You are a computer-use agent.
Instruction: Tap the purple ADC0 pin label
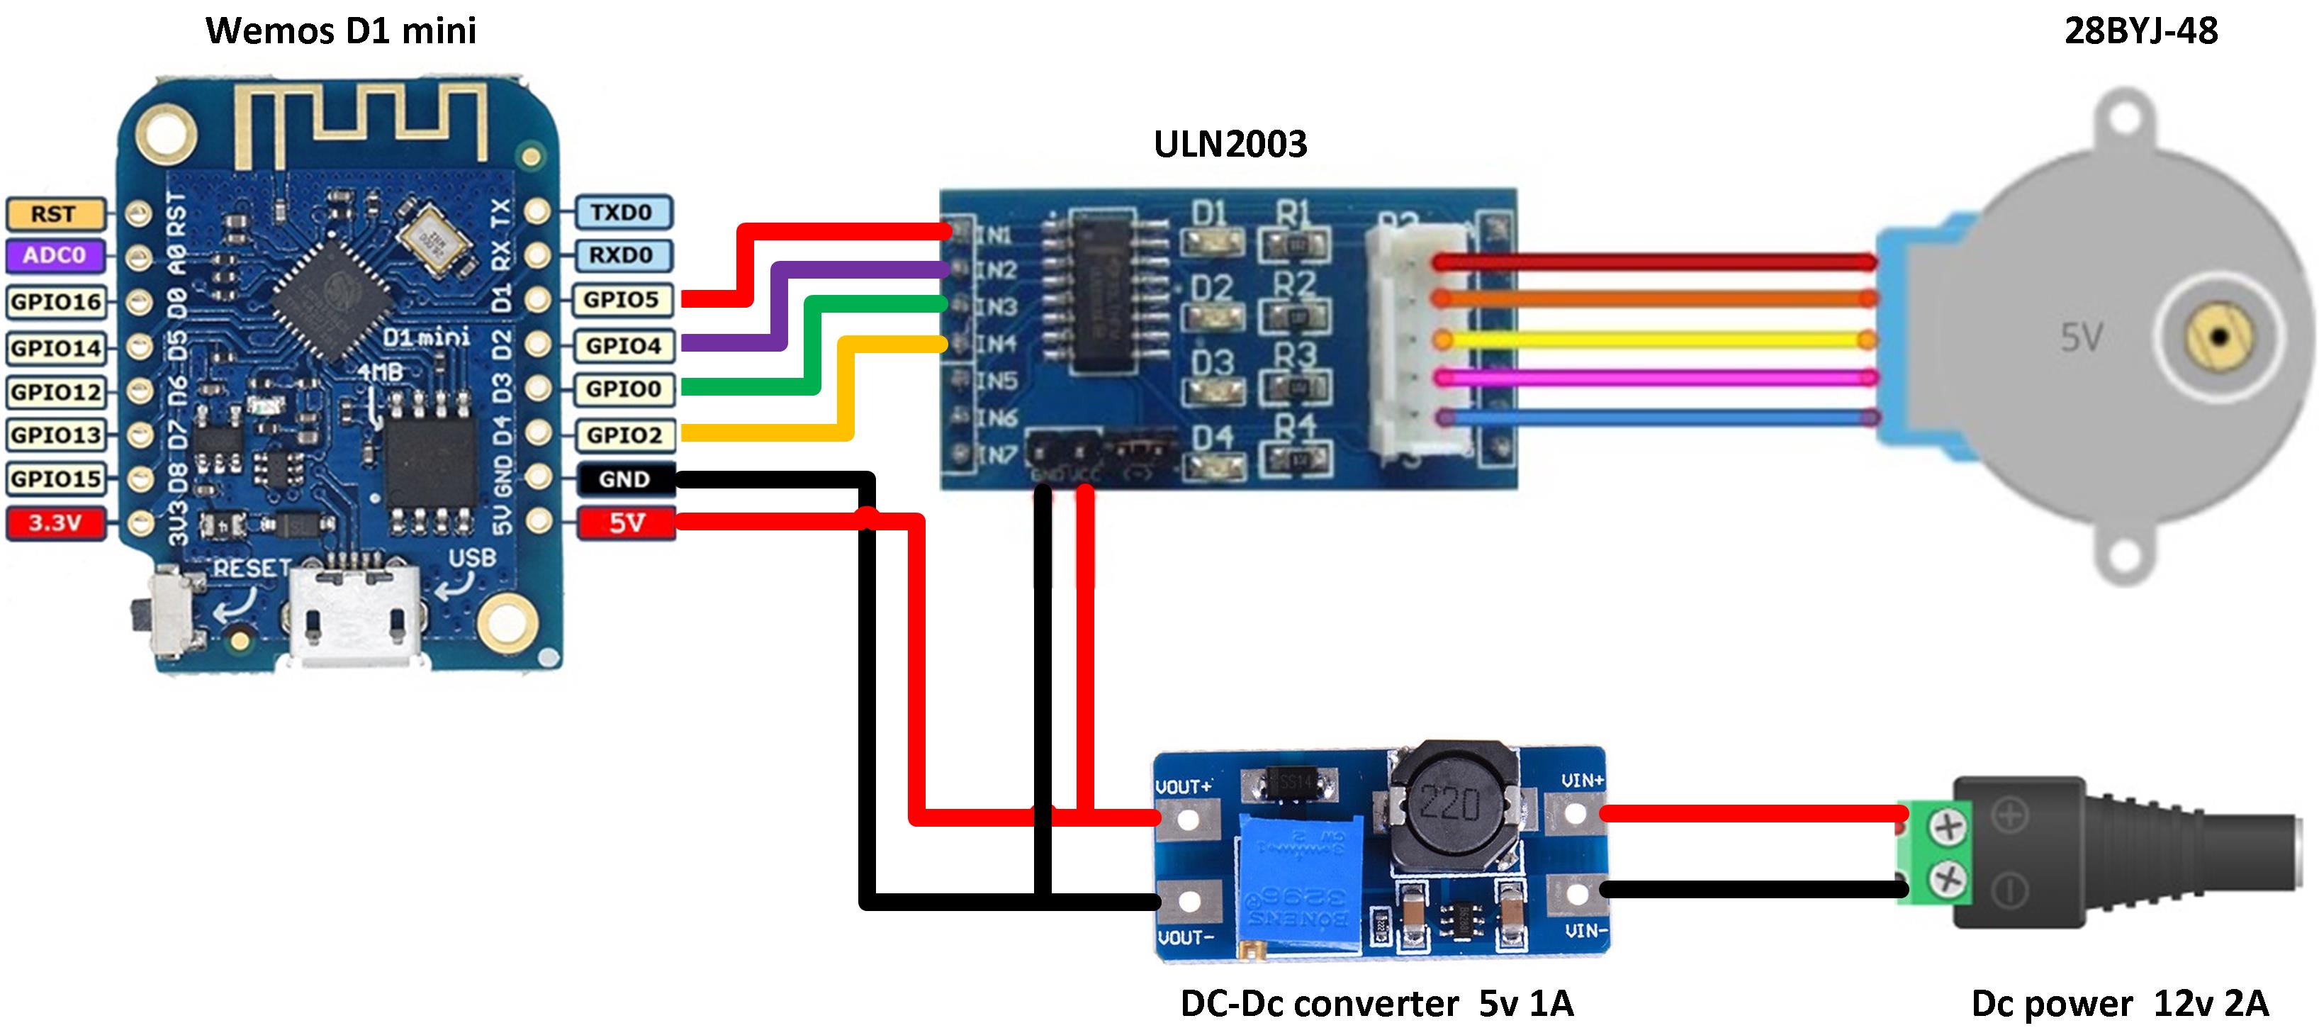pos(55,256)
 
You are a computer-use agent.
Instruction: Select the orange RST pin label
pos(54,214)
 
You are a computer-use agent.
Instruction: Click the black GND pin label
pos(625,479)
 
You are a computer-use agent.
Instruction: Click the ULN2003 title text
pos(1230,144)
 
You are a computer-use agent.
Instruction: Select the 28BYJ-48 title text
pos(2141,31)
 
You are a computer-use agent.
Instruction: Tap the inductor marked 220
pos(1449,803)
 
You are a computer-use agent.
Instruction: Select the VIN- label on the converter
pos(1585,931)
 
